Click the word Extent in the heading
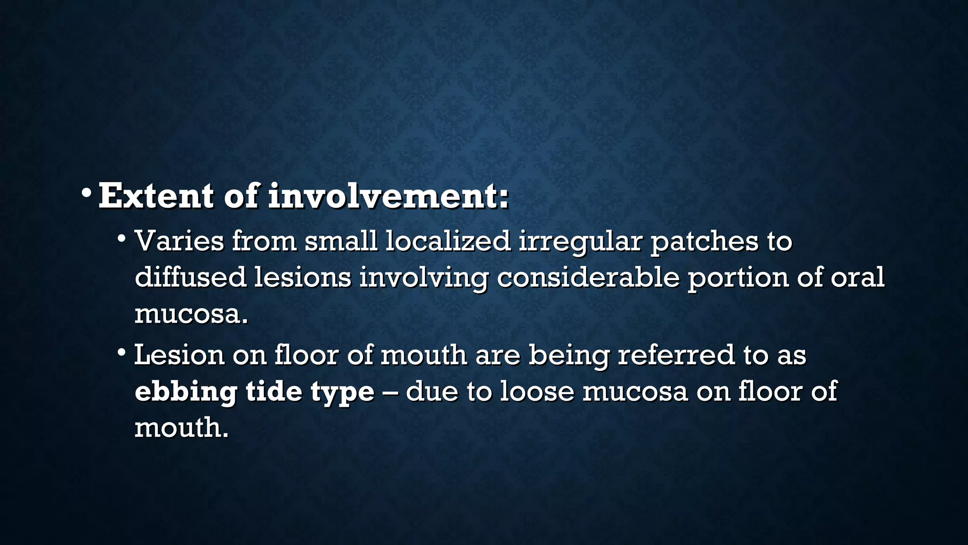click(156, 196)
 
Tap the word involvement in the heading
click(388, 196)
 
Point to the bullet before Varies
click(121, 238)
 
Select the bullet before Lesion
click(121, 352)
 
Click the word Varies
click(179, 241)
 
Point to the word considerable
click(588, 277)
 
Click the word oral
click(857, 277)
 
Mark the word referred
click(676, 355)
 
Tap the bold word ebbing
click(186, 392)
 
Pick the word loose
click(536, 391)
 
